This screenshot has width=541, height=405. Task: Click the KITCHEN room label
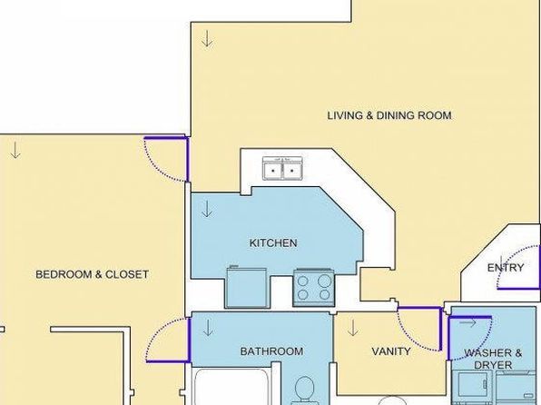(273, 242)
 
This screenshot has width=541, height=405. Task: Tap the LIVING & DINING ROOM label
(389, 115)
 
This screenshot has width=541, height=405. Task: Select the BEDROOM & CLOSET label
(92, 274)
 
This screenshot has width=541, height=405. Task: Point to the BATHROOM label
(272, 351)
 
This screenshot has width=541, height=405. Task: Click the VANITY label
(391, 351)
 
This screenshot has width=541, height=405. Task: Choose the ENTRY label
(506, 268)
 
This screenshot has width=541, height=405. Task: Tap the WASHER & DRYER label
(493, 359)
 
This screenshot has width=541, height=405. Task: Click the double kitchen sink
(283, 169)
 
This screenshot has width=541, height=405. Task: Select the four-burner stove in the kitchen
(314, 288)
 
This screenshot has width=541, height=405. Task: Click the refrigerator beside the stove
(247, 287)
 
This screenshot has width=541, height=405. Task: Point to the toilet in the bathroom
(304, 390)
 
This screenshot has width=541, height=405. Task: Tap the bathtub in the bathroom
(231, 387)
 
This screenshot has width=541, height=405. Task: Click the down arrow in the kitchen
(207, 209)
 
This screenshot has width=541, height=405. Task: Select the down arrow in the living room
(207, 38)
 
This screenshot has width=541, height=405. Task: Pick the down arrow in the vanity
(352, 328)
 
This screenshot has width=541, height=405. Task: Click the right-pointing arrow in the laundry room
(468, 323)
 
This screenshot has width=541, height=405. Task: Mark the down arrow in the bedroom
(15, 150)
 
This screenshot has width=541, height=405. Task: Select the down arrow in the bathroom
(208, 328)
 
